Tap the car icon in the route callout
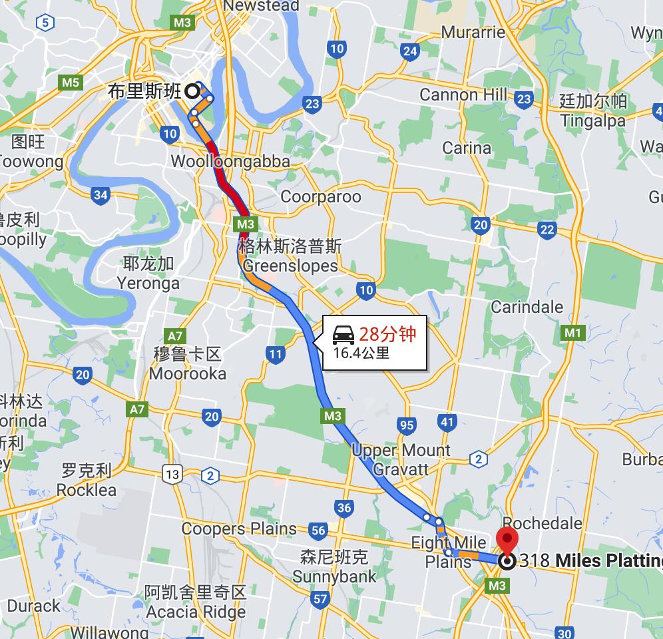pos(343,333)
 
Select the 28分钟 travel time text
pos(388,333)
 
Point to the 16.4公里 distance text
pos(361,352)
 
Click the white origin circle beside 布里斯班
pos(192,91)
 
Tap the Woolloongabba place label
pos(230,161)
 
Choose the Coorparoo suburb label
pos(321,196)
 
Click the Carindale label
pos(527,308)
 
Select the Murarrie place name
pos(473,33)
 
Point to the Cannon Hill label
pos(463,95)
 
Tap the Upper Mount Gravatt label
pos(401,459)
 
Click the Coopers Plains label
pos(239,529)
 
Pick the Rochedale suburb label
pos(543,523)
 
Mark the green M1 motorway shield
pos(572,332)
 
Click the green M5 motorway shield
pos(70,83)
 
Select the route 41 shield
pos(447,421)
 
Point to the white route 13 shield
pos(173,475)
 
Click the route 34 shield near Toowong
pos(101,195)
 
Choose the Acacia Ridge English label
pos(196,612)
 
